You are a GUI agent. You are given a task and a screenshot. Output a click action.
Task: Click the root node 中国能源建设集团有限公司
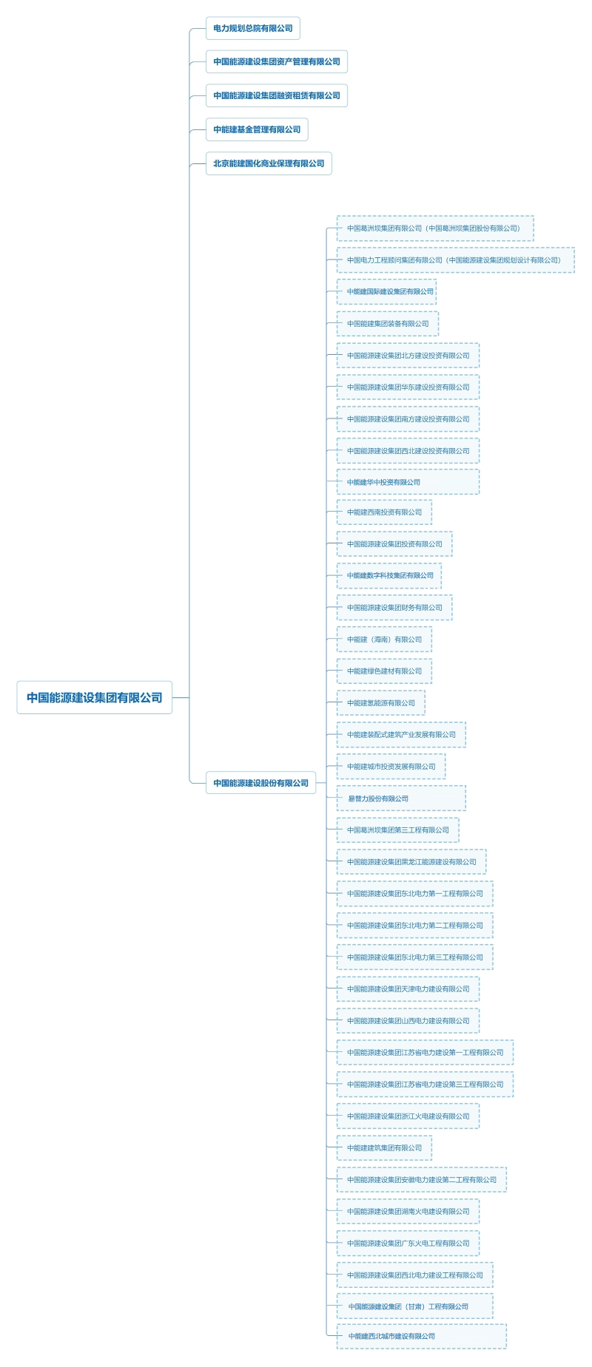pyautogui.click(x=94, y=697)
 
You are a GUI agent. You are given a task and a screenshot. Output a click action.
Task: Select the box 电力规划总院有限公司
pyautogui.click(x=252, y=29)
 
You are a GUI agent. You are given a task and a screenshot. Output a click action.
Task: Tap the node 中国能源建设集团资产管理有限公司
pyautogui.click(x=276, y=62)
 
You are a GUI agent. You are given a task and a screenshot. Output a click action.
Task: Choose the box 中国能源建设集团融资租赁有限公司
pyautogui.click(x=276, y=95)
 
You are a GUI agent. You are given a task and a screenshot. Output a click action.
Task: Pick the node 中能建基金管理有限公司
pyautogui.click(x=257, y=129)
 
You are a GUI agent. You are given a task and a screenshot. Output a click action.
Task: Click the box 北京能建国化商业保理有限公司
pyautogui.click(x=269, y=163)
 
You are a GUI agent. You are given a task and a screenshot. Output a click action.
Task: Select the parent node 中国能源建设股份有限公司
pyautogui.click(x=260, y=783)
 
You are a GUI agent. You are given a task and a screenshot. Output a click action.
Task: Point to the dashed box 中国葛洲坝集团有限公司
pyautogui.click(x=434, y=228)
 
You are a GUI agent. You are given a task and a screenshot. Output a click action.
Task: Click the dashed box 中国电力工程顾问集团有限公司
pyautogui.click(x=454, y=260)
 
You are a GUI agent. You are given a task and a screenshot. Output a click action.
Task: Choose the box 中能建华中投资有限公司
pyautogui.click(x=408, y=482)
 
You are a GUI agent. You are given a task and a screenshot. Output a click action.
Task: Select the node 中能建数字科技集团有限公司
pyautogui.click(x=389, y=576)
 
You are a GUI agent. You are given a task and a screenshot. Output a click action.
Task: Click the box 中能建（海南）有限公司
pyautogui.click(x=384, y=640)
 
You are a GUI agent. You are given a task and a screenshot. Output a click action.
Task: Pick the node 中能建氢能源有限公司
pyautogui.click(x=380, y=703)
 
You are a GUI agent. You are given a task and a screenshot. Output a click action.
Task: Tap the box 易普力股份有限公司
pyautogui.click(x=401, y=798)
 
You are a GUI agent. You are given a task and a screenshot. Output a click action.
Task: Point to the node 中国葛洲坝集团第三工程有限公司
pyautogui.click(x=397, y=830)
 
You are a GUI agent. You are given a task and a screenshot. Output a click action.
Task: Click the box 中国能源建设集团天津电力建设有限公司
pyautogui.click(x=408, y=989)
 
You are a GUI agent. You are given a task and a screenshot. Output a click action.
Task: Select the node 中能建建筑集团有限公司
pyautogui.click(x=384, y=1148)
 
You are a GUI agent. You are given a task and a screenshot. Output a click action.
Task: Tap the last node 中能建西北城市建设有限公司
pyautogui.click(x=421, y=1336)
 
